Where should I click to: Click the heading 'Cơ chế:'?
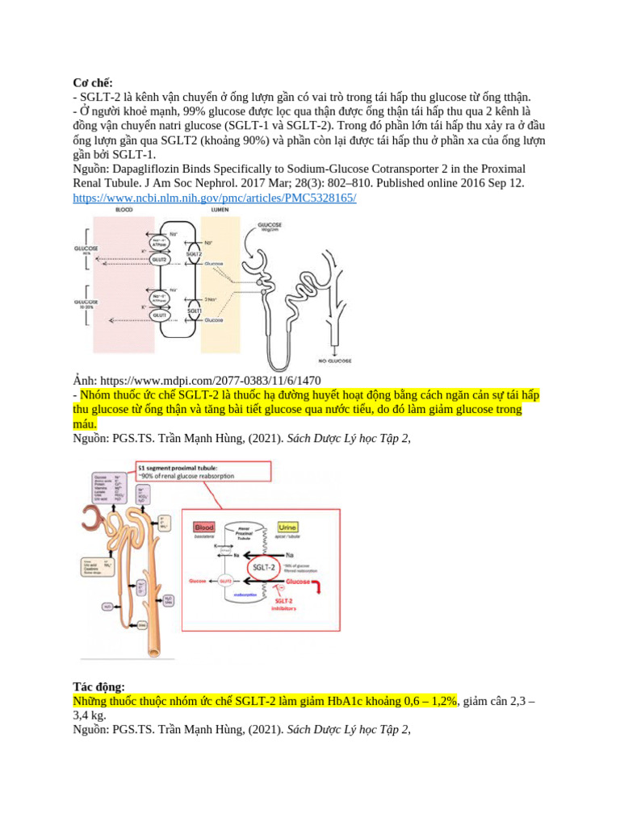tap(93, 82)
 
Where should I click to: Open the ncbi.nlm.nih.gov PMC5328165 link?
tap(215, 198)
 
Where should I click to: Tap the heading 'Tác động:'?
tap(98, 686)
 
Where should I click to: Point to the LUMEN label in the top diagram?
tap(220, 210)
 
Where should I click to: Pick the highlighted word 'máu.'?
tap(85, 424)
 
